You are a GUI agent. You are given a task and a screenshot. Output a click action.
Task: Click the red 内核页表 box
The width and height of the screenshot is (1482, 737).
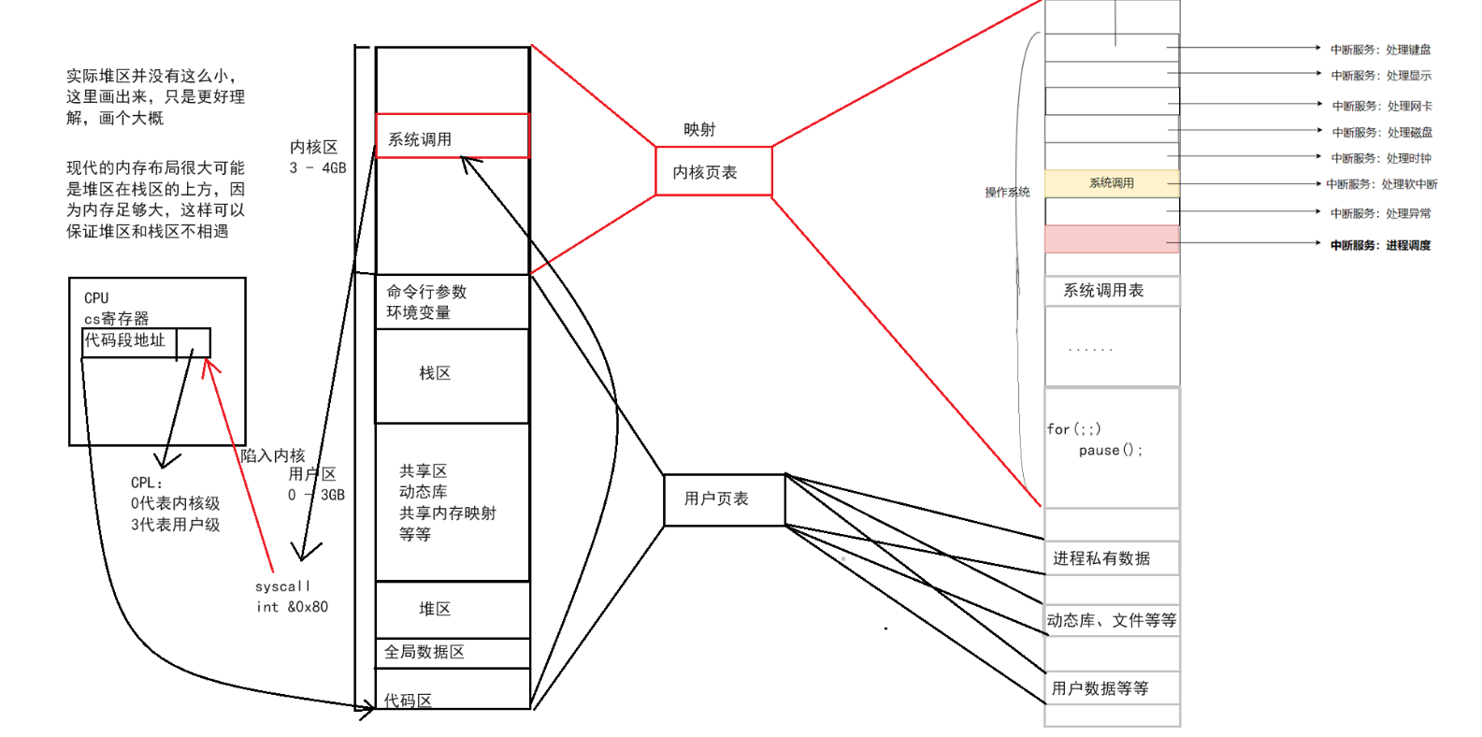coord(713,171)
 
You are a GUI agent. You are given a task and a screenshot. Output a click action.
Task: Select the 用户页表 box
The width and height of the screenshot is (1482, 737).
coord(724,499)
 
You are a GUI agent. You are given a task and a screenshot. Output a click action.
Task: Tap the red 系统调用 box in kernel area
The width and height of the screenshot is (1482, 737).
coord(452,137)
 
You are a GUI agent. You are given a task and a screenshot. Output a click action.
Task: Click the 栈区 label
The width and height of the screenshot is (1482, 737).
coord(435,373)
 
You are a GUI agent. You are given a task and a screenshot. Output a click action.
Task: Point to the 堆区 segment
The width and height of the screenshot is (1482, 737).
coord(435,609)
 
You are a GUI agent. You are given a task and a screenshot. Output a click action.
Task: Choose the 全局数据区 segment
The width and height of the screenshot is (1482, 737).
coord(425,652)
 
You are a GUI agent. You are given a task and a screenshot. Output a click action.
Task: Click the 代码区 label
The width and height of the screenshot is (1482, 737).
coord(408,700)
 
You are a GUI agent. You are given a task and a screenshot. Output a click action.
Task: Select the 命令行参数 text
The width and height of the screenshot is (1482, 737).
coord(426,292)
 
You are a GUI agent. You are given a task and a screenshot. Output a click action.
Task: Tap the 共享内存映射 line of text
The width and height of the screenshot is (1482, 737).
coord(447,513)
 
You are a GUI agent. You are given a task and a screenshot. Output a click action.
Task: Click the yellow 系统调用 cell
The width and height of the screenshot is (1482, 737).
coord(1111,183)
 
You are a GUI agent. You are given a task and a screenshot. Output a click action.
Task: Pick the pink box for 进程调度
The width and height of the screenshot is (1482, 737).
coord(1111,239)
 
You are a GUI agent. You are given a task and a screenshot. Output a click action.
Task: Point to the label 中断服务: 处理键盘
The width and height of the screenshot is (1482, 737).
coord(1380,50)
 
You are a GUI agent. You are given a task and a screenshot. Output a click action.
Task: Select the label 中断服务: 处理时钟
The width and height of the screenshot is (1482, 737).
coord(1380,158)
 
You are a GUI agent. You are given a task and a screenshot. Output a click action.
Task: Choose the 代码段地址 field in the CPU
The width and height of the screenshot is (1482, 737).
coord(125,340)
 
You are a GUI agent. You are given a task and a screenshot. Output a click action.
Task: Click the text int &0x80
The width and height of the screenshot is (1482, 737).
coord(292,607)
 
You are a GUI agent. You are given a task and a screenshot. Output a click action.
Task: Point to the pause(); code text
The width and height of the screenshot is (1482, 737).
coord(1110,450)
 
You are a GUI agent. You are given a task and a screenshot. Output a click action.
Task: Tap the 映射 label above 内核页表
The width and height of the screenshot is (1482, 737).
coord(698,129)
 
